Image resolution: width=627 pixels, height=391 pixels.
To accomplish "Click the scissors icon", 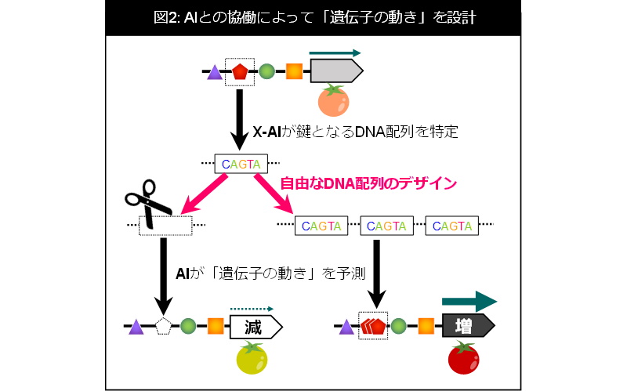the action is coord(147,203).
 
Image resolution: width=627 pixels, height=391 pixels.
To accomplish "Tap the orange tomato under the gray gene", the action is coord(334,100).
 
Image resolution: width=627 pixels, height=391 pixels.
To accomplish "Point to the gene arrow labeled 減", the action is coord(256,327).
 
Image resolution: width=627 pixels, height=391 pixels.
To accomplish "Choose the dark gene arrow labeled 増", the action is coord(468,325).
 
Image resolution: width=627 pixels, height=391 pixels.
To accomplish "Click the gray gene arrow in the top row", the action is coord(337,71).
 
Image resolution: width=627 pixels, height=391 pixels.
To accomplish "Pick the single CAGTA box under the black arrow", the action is coord(241,164).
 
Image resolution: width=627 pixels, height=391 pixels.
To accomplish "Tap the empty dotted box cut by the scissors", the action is coord(165,226).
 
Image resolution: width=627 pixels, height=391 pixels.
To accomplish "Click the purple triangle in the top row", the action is coord(215,72).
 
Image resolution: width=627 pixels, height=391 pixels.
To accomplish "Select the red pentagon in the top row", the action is coord(240,71).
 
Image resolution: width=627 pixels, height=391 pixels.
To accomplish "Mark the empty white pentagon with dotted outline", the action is coord(163,326).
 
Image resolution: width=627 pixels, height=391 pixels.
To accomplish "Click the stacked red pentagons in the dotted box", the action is coord(373,326).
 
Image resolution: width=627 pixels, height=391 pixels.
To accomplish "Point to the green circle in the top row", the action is coord(266,71).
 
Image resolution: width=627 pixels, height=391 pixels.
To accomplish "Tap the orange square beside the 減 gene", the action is coord(216,326).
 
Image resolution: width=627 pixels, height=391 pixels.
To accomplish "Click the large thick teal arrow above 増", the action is coord(469,302).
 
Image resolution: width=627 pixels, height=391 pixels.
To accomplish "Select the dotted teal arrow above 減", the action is coord(252,309).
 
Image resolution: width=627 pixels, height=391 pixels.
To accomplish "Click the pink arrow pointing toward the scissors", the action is coord(204,194).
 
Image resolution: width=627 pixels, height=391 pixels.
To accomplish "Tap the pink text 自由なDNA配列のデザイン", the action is coord(368,183).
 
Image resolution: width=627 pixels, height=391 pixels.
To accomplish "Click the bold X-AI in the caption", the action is coord(266,132).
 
